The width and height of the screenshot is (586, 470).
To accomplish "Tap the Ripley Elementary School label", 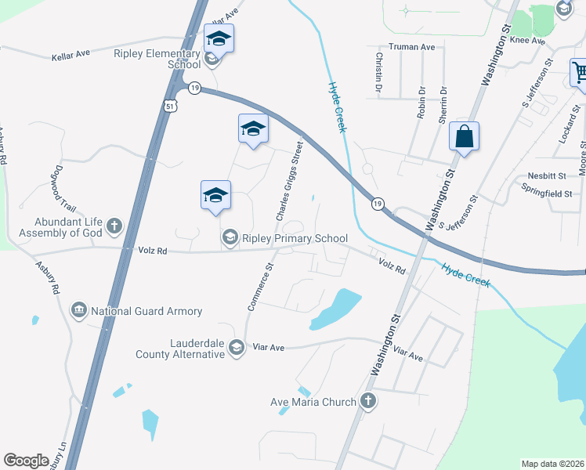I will click(157, 60).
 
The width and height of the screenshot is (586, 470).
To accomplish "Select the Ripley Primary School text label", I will click(295, 237).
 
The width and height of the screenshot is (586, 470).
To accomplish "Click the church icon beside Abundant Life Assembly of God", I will click(114, 227).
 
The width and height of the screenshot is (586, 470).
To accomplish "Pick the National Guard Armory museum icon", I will click(78, 311).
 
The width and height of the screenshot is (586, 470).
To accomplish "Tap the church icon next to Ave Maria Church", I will click(368, 402).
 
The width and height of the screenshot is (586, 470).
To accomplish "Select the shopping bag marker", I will click(465, 136).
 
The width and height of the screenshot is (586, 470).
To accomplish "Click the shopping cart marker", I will click(580, 74).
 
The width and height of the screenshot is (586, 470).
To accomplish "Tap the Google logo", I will click(26, 461).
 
